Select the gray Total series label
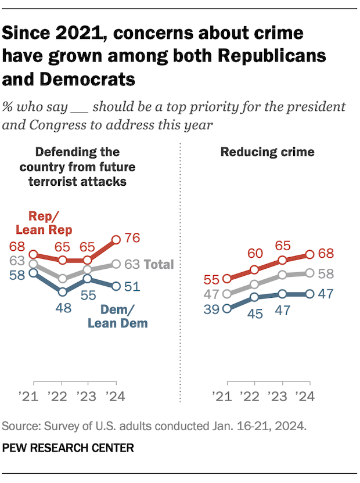[x=159, y=264]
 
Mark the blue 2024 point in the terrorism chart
[x=116, y=286]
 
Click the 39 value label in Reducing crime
[x=212, y=309]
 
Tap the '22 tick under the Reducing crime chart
[x=254, y=397]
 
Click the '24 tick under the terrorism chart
[x=116, y=397]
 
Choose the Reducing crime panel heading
[x=267, y=152]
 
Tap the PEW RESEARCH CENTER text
[x=68, y=448]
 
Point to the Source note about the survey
[x=154, y=426]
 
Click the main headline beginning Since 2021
[x=164, y=55]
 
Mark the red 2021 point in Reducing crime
[x=227, y=279]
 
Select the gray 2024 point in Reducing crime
[x=309, y=272]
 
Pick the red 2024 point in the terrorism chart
[x=116, y=239]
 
